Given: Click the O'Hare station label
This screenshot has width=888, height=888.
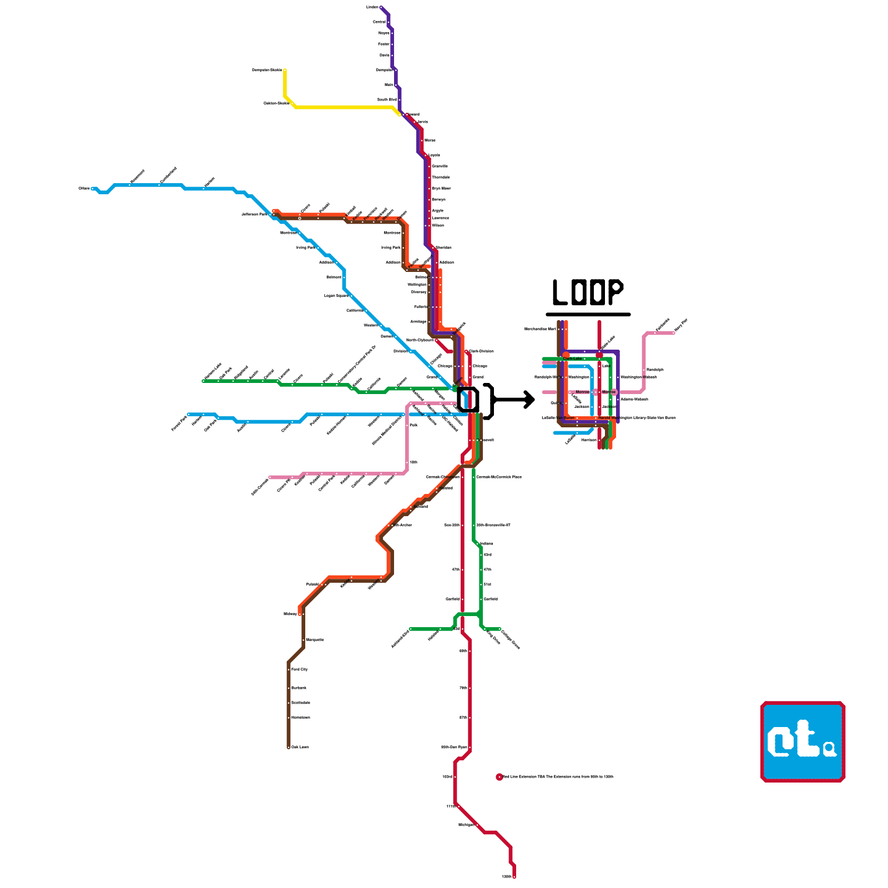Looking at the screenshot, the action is tap(84, 189).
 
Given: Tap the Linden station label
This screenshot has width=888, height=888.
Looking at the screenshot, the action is tap(372, 7).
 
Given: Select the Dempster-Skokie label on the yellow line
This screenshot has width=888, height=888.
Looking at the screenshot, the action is tap(267, 70).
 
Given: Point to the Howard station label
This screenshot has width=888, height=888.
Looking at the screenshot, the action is tap(412, 115).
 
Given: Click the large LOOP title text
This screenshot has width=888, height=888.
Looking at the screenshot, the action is tap(588, 292).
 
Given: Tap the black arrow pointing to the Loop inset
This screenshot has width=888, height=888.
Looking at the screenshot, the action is tap(514, 399).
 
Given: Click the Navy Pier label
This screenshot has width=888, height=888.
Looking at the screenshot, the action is tap(681, 325).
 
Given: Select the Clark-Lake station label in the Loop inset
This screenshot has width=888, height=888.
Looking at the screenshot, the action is tap(573, 359).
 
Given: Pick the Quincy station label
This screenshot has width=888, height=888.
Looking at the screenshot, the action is tap(557, 403).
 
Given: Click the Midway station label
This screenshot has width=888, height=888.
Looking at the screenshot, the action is tap(290, 614).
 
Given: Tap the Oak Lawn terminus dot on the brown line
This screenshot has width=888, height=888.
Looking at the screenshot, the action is tap(289, 748).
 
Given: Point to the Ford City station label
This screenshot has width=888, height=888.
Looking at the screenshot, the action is tap(300, 670).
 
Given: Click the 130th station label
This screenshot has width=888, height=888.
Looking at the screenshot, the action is tap(506, 877).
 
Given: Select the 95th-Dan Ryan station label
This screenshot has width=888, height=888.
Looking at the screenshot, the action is tap(453, 748).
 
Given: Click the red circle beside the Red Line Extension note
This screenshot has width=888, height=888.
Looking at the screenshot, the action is tap(499, 777).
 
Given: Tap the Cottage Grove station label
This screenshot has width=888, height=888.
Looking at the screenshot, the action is tap(510, 640).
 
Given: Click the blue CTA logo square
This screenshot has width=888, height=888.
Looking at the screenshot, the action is tap(803, 741).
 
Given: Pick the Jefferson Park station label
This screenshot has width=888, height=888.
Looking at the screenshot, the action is tap(254, 215).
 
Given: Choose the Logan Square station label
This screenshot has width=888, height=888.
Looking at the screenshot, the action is tap(336, 296).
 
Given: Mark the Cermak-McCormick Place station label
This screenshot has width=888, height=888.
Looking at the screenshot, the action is tap(499, 477).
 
